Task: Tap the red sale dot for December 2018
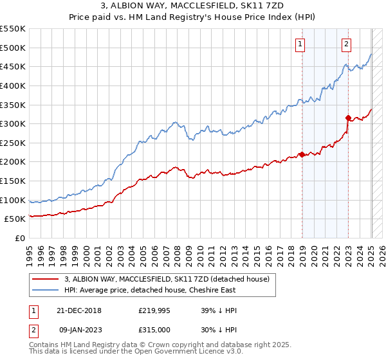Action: pyautogui.click(x=302, y=154)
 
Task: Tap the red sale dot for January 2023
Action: pyautogui.click(x=348, y=118)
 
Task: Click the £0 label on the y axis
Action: pyautogui.click(x=20, y=238)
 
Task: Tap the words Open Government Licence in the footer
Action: pyautogui.click(x=173, y=353)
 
